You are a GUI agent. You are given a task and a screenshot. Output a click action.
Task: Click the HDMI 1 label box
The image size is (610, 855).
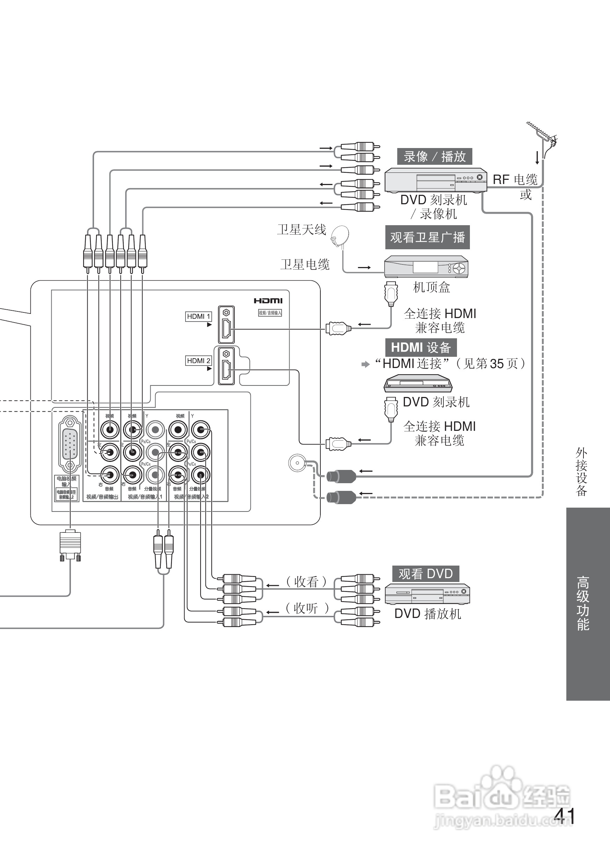(198, 316)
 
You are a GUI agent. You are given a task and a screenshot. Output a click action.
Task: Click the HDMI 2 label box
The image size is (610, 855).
(198, 361)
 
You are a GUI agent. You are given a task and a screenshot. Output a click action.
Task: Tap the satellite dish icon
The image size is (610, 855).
(341, 236)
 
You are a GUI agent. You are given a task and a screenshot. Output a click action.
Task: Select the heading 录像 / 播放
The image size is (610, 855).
(434, 156)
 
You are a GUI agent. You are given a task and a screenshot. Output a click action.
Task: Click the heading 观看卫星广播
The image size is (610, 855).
(427, 237)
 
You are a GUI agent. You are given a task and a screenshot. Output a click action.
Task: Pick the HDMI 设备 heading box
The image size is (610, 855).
(421, 347)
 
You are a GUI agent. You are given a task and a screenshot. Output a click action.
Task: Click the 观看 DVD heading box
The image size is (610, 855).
(426, 574)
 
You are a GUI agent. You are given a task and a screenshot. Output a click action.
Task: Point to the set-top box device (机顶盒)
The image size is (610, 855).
(426, 267)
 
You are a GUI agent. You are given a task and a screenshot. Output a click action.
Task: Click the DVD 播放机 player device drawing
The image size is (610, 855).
(427, 594)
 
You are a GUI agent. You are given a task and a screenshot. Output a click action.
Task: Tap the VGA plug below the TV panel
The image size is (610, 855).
(70, 545)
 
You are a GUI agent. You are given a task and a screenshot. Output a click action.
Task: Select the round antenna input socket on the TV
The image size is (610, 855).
(297, 463)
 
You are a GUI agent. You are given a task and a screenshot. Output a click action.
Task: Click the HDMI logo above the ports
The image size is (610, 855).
(268, 301)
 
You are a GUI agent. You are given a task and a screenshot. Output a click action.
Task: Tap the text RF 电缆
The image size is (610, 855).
(515, 180)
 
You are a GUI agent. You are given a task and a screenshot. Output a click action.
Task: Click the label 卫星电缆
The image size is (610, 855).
(305, 265)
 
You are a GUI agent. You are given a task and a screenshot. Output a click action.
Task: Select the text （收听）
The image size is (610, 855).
(306, 608)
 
